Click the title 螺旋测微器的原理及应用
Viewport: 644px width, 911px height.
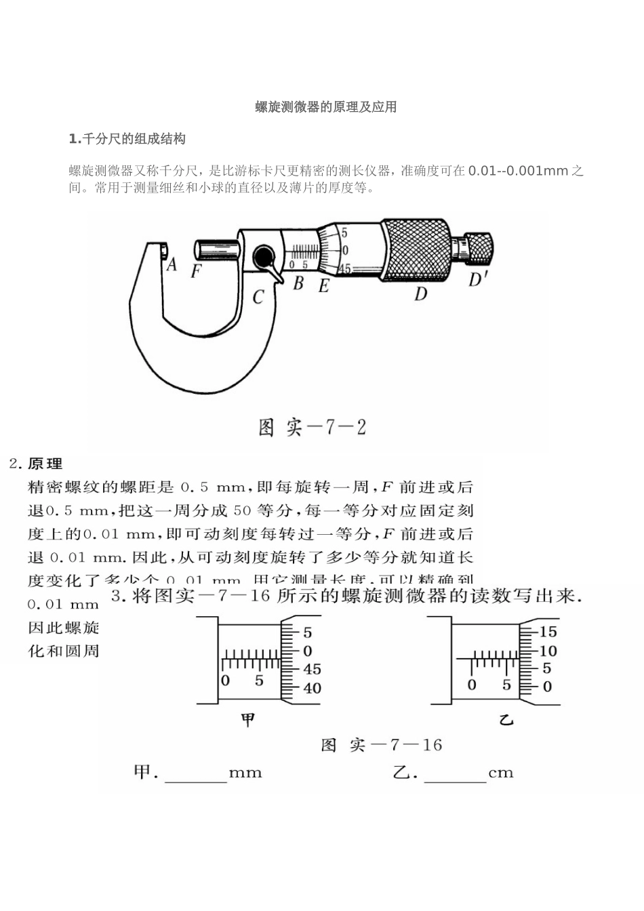325,107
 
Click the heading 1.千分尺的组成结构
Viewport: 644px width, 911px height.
127,139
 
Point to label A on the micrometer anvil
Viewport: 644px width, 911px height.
172,264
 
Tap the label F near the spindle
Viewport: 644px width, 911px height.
196,272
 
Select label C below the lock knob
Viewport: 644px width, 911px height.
258,297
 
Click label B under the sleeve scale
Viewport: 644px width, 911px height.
298,284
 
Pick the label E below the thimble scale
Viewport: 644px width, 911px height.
323,287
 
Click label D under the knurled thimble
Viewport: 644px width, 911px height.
420,293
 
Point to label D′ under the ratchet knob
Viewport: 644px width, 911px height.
479,279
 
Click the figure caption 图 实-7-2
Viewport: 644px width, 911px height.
313,427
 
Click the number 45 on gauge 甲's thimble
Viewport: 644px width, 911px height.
312,669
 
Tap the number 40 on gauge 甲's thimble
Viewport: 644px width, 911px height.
312,688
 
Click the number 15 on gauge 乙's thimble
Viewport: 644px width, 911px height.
548,632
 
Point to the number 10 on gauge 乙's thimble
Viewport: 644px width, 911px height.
548,651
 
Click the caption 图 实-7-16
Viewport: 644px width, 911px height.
381,746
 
